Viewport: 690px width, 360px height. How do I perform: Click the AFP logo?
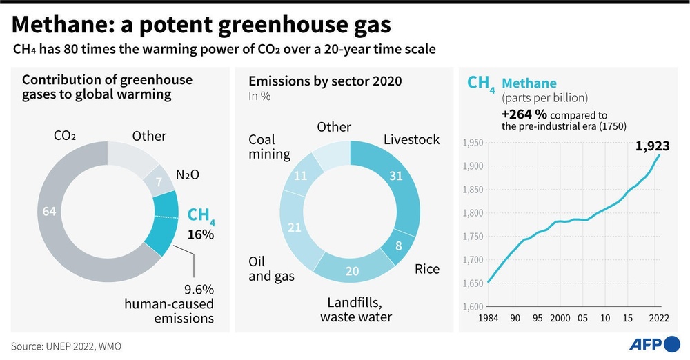point(654,343)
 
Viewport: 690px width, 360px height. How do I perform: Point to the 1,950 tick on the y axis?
point(472,143)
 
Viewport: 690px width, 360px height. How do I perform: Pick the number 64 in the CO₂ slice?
point(49,212)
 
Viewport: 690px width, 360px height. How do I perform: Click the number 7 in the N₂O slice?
point(159,181)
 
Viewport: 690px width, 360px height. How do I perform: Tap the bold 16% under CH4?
point(201,234)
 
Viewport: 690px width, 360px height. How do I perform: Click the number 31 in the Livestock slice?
point(396,177)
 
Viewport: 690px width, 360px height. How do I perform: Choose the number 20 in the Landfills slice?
point(352,271)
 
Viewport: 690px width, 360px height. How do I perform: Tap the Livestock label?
point(411,140)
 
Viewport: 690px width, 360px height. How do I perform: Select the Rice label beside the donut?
point(427,269)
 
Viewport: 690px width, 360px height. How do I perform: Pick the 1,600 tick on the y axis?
point(472,306)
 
